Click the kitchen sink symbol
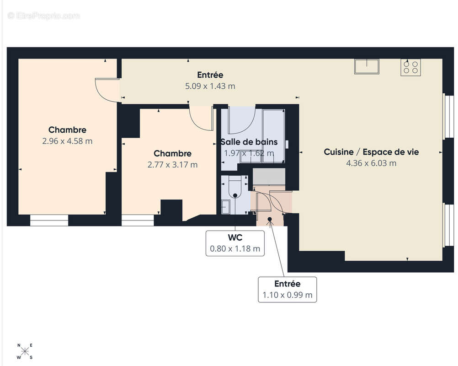click(x=367, y=66)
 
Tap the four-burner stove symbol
click(x=410, y=67)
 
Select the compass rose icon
click(x=25, y=351)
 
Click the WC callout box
click(x=235, y=243)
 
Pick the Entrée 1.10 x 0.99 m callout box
click(x=287, y=290)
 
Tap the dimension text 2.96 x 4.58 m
click(x=67, y=141)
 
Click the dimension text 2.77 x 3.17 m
click(x=172, y=165)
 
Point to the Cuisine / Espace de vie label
click(x=371, y=152)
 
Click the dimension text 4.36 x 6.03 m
click(x=371, y=163)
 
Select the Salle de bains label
click(x=249, y=142)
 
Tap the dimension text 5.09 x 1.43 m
click(x=210, y=86)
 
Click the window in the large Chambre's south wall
click(x=49, y=221)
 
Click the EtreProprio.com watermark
click(x=44, y=16)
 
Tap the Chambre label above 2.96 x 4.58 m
click(x=67, y=130)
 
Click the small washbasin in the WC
click(x=226, y=207)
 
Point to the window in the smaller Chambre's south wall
click(x=138, y=221)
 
